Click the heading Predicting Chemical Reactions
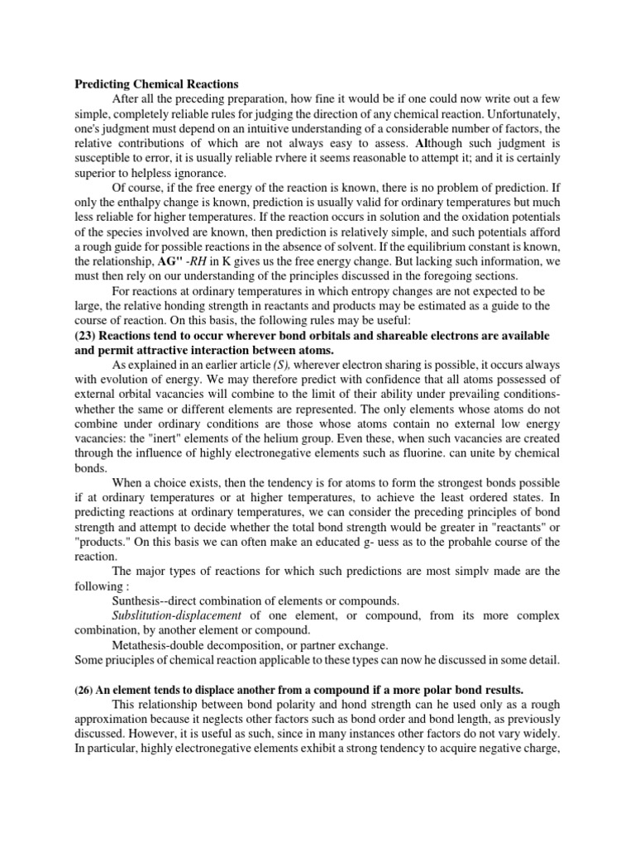point(156,84)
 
